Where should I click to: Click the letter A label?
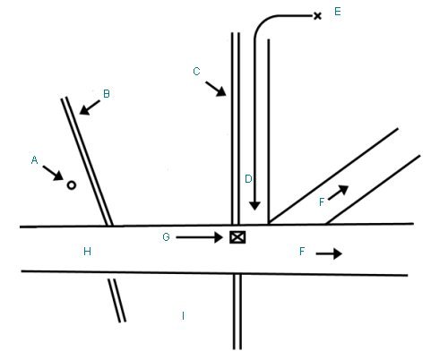coord(34,160)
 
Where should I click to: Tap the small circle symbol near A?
coord(71,185)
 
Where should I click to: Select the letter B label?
coord(107,94)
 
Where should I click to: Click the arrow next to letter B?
coord(90,107)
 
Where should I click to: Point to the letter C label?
coord(196,72)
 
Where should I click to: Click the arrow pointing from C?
coord(216,89)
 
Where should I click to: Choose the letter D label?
coord(248,179)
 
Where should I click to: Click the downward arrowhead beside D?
coord(254,205)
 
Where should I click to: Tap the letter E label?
coord(338,12)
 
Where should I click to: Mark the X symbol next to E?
coord(317,16)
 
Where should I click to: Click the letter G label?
coord(166,237)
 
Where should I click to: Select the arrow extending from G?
coord(199,237)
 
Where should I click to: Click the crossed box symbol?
coord(237,237)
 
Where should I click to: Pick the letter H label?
coord(87,252)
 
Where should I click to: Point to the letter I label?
coord(183,315)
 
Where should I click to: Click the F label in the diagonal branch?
coord(322,202)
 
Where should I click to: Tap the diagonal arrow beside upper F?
coord(339,193)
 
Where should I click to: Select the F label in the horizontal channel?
coord(302,252)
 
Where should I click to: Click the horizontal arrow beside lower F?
coord(329,253)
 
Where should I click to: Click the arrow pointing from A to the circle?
coord(53,174)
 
